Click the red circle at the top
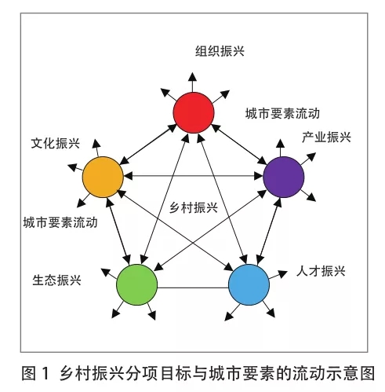194,112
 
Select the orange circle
103,177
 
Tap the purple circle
284,177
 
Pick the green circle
137,284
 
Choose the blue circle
249,284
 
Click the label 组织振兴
220,51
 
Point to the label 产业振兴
326,137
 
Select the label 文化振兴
56,143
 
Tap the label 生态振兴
56,280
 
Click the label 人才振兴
321,271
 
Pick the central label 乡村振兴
194,208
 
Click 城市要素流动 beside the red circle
282,113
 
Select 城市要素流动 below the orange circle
60,222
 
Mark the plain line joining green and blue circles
193,288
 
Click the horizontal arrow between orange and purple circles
194,176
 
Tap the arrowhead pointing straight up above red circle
193,76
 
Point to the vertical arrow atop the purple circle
281,148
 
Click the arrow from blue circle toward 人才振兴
278,275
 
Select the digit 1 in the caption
45,373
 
